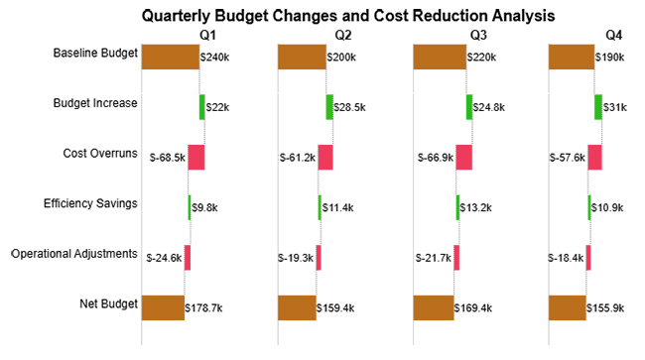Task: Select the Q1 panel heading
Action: click(x=208, y=36)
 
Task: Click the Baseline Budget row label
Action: click(x=95, y=52)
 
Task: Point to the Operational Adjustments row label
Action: click(x=74, y=254)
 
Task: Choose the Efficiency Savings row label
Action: click(x=90, y=203)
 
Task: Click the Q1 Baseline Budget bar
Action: click(x=171, y=57)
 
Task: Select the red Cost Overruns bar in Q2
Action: click(x=325, y=157)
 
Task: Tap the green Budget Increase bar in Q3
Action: click(x=469, y=106)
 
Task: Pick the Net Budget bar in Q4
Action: click(x=567, y=308)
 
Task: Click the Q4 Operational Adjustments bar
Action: click(x=588, y=258)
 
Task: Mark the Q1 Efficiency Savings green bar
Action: click(x=190, y=207)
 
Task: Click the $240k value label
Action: click(x=215, y=58)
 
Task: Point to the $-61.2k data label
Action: click(x=297, y=158)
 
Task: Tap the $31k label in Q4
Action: click(x=615, y=107)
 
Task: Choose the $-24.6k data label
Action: click(x=164, y=258)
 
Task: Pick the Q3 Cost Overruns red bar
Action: click(x=463, y=157)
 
